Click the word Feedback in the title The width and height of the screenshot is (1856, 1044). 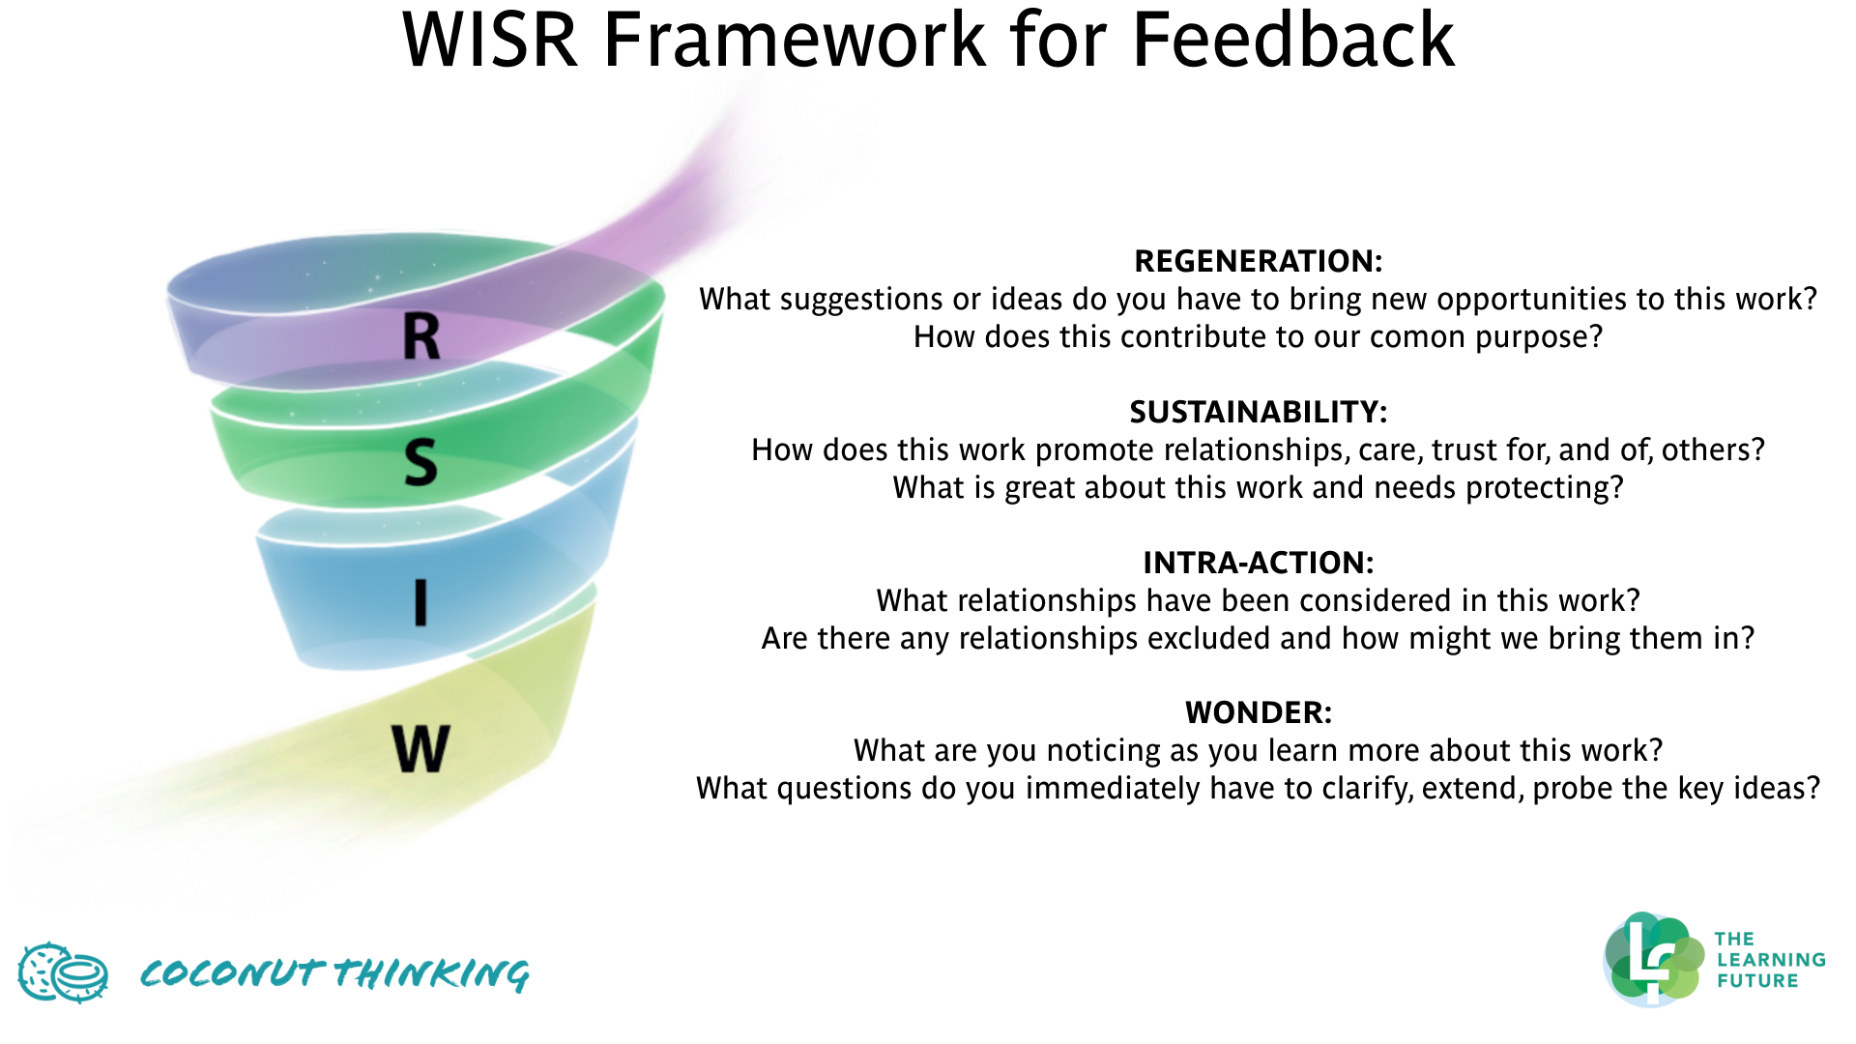pos(1292,41)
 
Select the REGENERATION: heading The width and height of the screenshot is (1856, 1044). pos(1258,261)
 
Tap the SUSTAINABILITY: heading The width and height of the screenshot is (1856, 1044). pos(1258,413)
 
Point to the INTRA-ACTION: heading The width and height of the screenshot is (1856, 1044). pos(1258,563)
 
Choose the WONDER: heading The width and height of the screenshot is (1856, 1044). pos(1258,713)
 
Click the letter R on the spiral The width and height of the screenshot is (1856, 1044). pos(421,338)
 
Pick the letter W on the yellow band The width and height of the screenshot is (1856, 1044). pos(420,748)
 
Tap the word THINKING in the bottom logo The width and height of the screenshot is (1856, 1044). pos(432,973)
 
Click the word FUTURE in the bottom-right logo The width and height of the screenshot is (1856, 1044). pos(1756,981)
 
